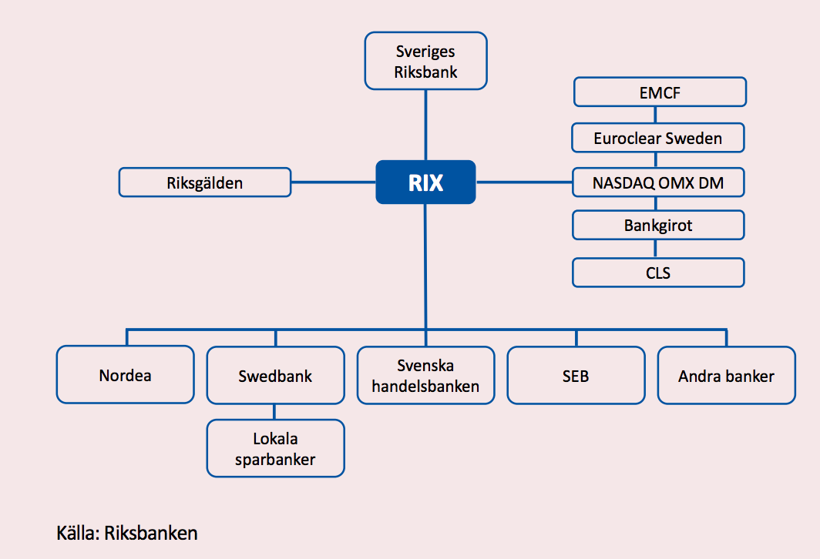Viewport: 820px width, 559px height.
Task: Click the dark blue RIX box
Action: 425,182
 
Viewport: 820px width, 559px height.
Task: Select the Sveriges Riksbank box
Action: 425,62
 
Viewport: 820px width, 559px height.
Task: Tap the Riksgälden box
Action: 205,182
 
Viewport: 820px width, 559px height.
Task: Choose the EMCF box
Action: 660,94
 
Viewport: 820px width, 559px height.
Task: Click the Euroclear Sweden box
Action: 658,139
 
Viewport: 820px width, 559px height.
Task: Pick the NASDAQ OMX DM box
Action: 658,182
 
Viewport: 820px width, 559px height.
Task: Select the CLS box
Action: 658,272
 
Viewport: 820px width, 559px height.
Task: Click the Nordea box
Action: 126,375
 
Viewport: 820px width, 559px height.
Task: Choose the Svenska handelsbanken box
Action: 425,375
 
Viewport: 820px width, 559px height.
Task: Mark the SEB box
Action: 576,376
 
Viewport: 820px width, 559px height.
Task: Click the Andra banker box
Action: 726,376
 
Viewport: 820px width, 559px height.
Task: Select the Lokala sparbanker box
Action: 275,449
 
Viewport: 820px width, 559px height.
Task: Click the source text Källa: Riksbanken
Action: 127,533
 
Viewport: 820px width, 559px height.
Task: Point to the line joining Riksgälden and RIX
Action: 333,182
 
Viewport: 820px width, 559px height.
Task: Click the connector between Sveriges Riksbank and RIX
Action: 425,123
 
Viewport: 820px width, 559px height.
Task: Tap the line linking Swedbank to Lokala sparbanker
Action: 275,412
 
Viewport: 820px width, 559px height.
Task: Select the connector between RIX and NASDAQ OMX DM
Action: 524,182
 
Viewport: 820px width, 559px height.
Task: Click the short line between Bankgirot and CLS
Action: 656,249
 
